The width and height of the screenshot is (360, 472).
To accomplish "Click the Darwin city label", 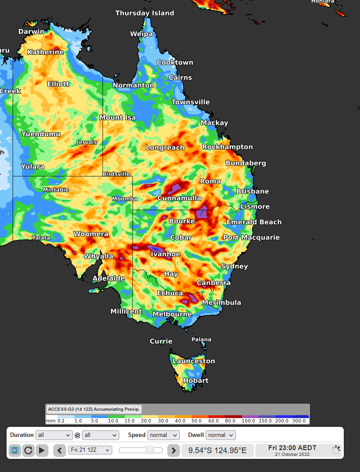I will coord(31,32).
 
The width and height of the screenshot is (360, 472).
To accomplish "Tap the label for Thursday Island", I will coord(144,13).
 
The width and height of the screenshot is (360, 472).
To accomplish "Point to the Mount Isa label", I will coord(118,117).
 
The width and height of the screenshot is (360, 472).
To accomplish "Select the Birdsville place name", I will coord(116,174).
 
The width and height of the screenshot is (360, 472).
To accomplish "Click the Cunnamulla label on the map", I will coord(179,198).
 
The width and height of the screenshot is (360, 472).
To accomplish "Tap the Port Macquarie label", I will coord(251,238).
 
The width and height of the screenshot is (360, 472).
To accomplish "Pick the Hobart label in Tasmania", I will coord(196,380).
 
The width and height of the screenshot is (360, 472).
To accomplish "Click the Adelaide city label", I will coord(108,278).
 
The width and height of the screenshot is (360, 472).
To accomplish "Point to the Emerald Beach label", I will coord(254,222).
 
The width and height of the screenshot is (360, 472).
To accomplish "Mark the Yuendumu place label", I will coord(41,134).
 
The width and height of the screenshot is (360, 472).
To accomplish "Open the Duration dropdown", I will coord(54,435).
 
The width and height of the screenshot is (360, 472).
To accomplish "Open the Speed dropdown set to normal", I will coord(163,435).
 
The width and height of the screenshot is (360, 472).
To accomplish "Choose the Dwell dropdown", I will coord(221,435).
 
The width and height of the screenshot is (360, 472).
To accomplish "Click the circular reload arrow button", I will coord(29,450).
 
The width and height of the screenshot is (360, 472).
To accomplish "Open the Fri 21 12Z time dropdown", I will coord(90,450).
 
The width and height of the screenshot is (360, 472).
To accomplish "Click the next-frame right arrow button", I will coord(174,450).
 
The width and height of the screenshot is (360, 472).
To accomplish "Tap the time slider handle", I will coord(150,450).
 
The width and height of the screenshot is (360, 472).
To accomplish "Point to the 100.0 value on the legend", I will coord(248,421).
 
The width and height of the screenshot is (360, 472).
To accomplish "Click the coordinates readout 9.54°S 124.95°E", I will coord(217,450).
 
